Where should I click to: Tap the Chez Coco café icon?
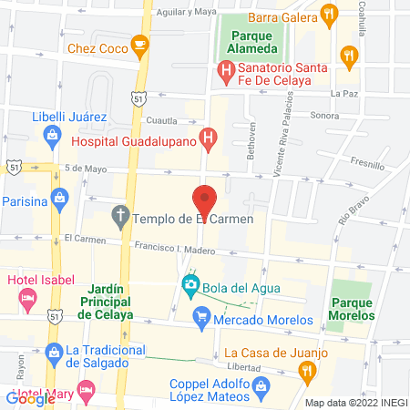coord(139,43)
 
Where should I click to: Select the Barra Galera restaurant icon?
coord(328,14)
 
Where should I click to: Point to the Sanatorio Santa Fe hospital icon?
coord(224,69)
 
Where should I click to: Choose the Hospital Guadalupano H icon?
coord(209,140)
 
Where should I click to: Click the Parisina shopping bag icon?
coord(60,197)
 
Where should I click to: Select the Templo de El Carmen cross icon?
coord(119,218)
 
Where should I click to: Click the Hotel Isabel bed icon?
coord(28,296)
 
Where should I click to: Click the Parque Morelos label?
coord(353,309)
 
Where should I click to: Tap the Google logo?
coord(30,398)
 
